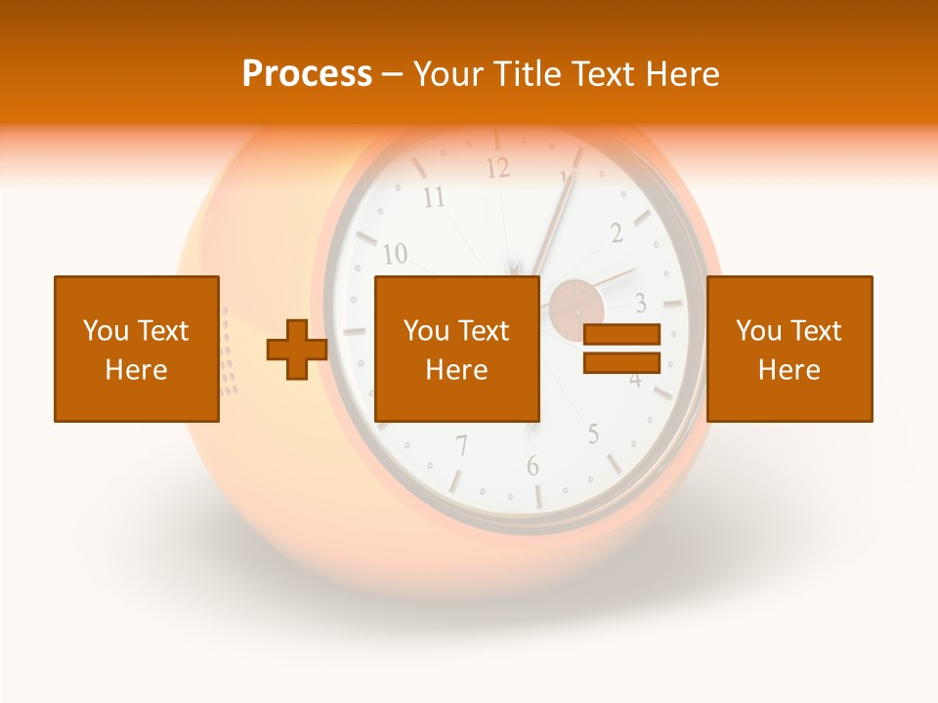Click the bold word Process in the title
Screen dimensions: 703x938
307,74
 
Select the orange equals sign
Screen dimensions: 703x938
621,349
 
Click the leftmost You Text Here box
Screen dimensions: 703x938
137,349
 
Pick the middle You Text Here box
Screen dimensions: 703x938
456,349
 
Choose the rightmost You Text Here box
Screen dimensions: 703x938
789,349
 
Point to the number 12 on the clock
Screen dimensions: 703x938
498,168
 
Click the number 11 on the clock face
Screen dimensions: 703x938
433,199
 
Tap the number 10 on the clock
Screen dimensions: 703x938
395,255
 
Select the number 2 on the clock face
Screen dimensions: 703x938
617,232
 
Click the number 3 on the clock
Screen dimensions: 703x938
641,301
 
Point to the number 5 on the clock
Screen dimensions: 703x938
593,434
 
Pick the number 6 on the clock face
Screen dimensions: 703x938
533,466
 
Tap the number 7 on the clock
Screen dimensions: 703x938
461,446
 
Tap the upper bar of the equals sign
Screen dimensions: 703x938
621,335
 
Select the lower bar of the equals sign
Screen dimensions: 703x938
621,362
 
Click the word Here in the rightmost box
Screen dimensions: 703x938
789,369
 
